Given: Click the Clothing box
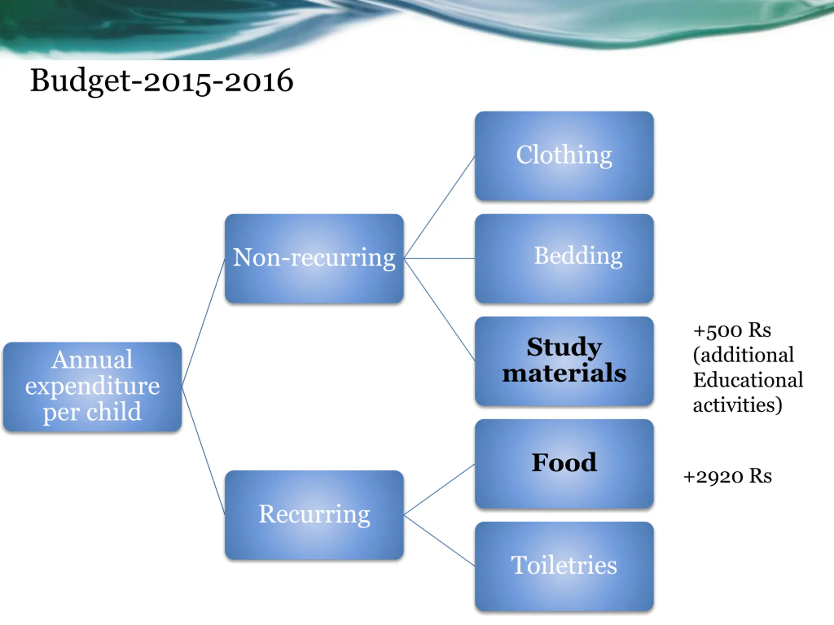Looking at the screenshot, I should [x=564, y=155].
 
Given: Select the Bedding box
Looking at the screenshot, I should [x=564, y=258].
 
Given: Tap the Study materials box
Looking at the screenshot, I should [x=564, y=361].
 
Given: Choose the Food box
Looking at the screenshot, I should [x=564, y=464].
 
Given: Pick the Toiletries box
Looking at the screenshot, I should [x=564, y=566].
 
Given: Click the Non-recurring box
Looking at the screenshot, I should [x=314, y=258].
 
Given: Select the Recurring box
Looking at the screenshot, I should [x=314, y=515].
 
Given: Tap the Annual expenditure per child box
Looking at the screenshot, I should [x=93, y=386].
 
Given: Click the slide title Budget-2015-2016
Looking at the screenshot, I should [x=161, y=81].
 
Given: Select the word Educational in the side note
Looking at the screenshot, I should [x=748, y=380].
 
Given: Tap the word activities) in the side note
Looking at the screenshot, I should [x=737, y=405].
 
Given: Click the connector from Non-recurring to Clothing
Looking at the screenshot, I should [x=439, y=207].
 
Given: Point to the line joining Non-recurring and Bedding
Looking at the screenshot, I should [x=439, y=258].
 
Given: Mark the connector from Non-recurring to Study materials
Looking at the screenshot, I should [x=439, y=309].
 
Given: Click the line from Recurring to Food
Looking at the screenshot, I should [x=439, y=489].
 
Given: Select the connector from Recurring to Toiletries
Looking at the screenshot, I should [x=439, y=540].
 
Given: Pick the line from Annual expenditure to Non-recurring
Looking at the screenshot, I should [x=203, y=323].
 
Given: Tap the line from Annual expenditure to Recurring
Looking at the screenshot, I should [x=203, y=451].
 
